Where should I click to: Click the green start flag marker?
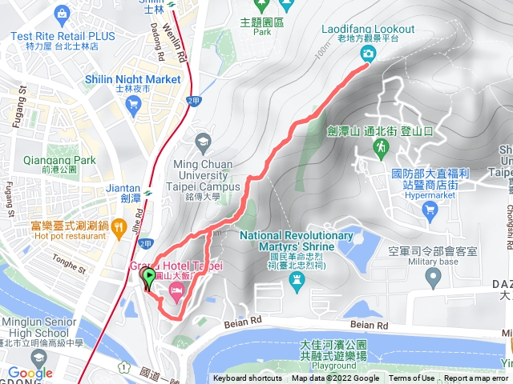(149, 278)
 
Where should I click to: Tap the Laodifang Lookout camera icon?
(368, 54)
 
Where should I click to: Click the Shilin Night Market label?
(133, 79)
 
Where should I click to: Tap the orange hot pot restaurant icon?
(119, 226)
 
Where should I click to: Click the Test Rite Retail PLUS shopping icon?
(62, 14)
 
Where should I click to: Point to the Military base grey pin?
(434, 278)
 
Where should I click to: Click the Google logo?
(30, 373)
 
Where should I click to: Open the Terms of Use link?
(412, 378)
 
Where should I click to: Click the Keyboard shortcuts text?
(248, 378)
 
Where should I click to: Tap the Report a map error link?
(477, 378)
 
